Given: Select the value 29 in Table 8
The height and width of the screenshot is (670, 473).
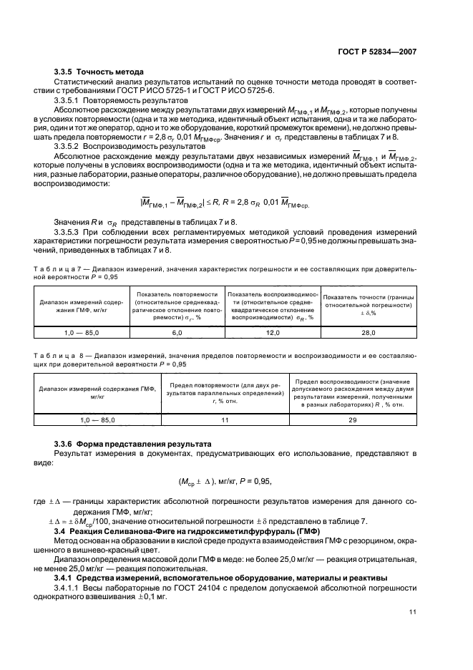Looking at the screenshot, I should [x=353, y=420].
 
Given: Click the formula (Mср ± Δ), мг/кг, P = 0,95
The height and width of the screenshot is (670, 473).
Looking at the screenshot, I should [x=236, y=482].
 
